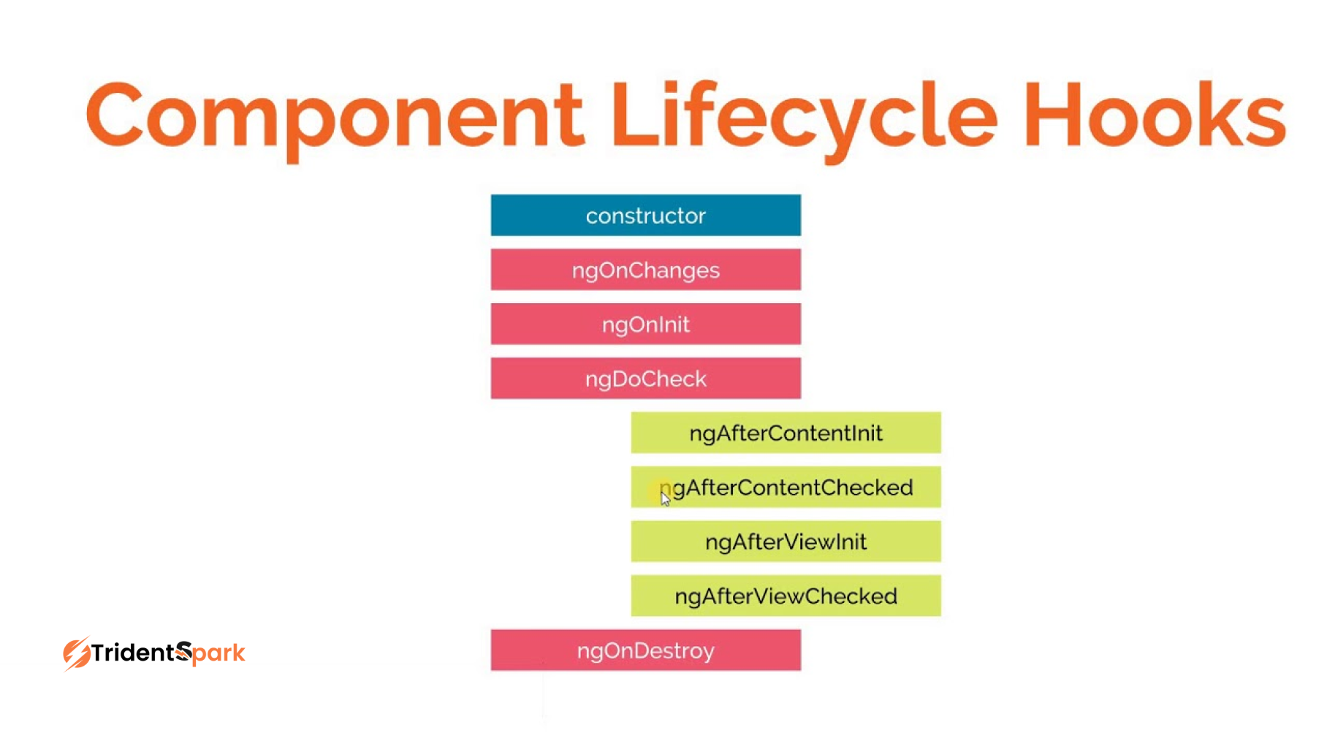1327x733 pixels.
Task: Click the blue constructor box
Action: click(645, 215)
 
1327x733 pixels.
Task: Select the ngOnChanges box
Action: click(645, 270)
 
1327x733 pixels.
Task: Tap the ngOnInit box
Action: click(645, 324)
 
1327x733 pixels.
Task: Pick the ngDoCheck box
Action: click(645, 378)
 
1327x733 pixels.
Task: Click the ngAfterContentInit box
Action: click(786, 433)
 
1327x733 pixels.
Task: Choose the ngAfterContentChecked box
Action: click(786, 487)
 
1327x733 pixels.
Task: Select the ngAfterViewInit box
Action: click(786, 542)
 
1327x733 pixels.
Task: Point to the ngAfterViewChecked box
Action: click(786, 596)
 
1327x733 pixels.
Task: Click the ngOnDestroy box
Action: click(645, 650)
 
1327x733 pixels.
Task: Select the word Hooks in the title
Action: click(1155, 113)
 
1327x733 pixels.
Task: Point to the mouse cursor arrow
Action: click(665, 498)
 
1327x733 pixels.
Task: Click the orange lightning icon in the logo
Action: click(77, 653)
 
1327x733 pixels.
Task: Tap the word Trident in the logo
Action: click(134, 652)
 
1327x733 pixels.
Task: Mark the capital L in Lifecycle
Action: click(636, 113)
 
